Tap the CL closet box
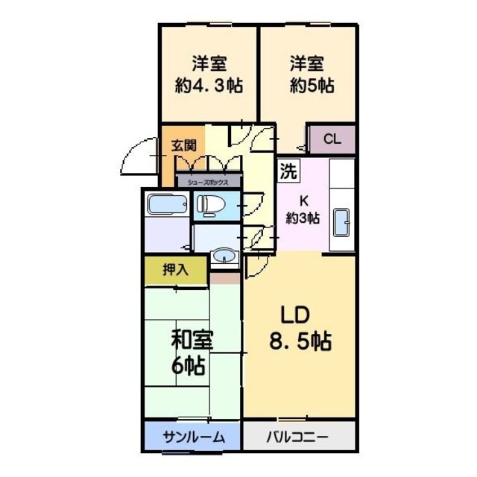tap(332, 139)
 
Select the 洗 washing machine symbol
tap(288, 171)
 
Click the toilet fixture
tap(209, 205)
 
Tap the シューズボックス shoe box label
tap(209, 181)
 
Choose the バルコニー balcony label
tap(297, 437)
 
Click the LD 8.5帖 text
tap(299, 329)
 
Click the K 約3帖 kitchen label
tap(304, 209)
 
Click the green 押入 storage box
tap(176, 270)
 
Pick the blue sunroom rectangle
tap(192, 437)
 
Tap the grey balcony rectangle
tap(298, 437)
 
